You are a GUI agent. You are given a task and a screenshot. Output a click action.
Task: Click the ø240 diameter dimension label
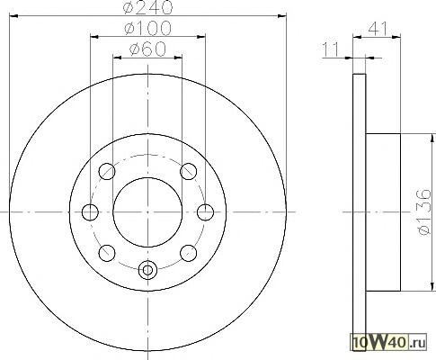click(148, 7)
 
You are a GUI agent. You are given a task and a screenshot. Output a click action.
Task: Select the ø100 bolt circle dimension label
click(148, 28)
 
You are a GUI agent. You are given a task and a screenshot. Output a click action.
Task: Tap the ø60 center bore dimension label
click(147, 49)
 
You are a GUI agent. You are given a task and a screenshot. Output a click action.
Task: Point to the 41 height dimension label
click(378, 29)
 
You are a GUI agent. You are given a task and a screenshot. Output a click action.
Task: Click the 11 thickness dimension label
click(331, 49)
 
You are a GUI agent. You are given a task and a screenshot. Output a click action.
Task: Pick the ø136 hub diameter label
click(425, 212)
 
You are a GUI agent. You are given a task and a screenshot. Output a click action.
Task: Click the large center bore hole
click(147, 212)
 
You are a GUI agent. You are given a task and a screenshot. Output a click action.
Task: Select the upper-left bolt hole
click(107, 171)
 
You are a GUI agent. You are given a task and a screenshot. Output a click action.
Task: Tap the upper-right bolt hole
click(189, 171)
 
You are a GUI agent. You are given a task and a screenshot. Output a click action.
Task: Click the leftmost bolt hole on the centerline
click(90, 212)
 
